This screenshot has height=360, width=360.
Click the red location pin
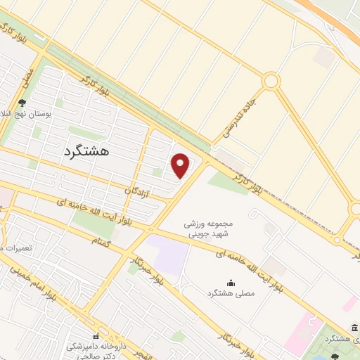coord(181,165)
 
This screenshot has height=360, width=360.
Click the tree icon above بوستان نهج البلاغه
coord(22,103)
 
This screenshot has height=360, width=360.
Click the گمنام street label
coord(101,240)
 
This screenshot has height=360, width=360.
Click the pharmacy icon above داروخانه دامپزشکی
coord(96,336)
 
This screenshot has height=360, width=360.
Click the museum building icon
coord(353,327)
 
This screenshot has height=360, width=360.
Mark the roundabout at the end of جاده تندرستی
coord(271,82)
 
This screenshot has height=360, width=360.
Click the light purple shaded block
coord(169,255)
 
